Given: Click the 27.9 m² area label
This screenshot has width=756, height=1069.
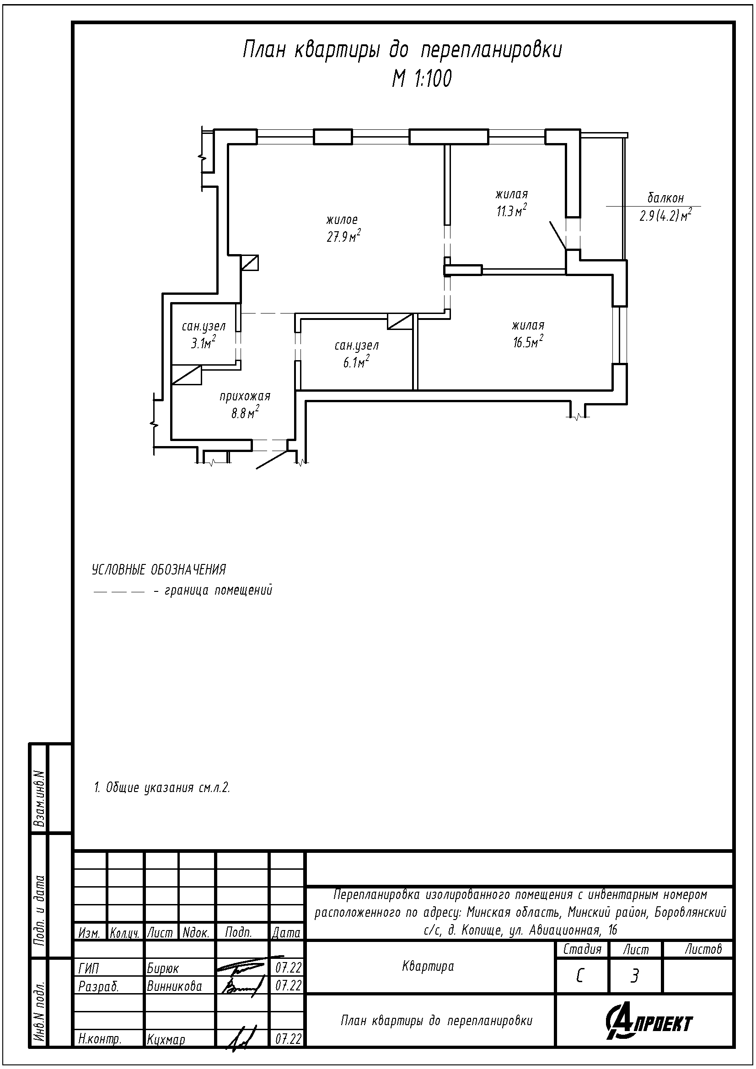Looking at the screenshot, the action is pos(344,237).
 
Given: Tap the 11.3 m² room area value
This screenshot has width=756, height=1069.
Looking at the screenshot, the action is pos(511,210).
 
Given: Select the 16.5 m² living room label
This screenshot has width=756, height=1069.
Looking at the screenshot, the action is pos(528,342).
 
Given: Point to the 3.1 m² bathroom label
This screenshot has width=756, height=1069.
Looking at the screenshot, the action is pos(203,344).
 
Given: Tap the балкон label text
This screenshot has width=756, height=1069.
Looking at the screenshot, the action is pos(665,198).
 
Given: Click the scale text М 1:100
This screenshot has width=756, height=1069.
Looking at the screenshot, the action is pos(422,79).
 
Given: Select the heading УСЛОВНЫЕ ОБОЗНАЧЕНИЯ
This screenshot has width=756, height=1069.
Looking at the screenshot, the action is pos(159,569).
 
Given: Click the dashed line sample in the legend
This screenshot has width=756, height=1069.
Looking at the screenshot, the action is pos(118,592).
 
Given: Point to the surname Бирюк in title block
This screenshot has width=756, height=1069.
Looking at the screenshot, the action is pos(163,968).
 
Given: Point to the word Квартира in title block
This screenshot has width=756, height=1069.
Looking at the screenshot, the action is pos(428,967).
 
